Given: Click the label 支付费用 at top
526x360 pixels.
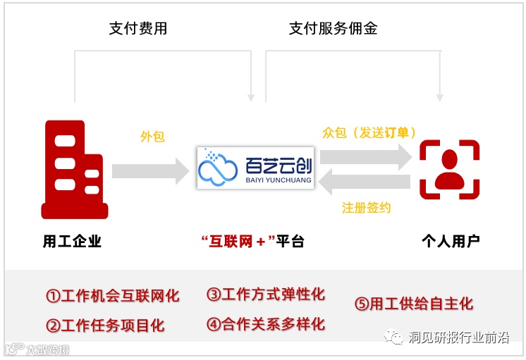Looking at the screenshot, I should point(138,29).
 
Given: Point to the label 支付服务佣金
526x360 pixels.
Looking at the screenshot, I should point(334,29).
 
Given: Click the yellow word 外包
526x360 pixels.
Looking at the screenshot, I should point(152,137).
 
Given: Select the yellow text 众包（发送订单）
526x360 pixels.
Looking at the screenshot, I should point(369,132).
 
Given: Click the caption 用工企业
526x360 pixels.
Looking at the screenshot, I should point(72,242).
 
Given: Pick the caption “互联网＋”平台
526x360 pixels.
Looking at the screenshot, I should point(252,242).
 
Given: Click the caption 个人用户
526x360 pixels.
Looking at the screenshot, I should point(451,242).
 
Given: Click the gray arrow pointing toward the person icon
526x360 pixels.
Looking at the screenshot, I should point(365,155).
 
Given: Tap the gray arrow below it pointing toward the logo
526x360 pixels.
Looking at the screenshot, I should point(365,182).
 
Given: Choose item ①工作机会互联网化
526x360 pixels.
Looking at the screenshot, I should point(113,296).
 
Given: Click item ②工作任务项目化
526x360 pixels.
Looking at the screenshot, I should point(105,325).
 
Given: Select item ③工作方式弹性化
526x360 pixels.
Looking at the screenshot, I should point(266,294).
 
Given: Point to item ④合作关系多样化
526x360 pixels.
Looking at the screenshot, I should point(266,324).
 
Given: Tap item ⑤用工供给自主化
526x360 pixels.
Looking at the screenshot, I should point(414,304).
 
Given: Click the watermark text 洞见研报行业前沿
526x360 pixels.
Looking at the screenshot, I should point(458,338).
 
